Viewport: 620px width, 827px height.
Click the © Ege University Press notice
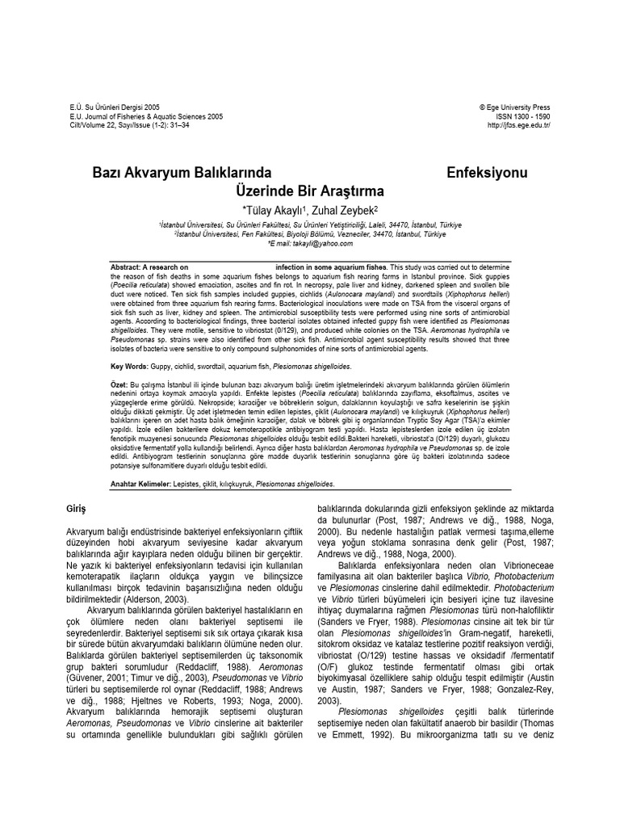[x=514, y=107]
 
